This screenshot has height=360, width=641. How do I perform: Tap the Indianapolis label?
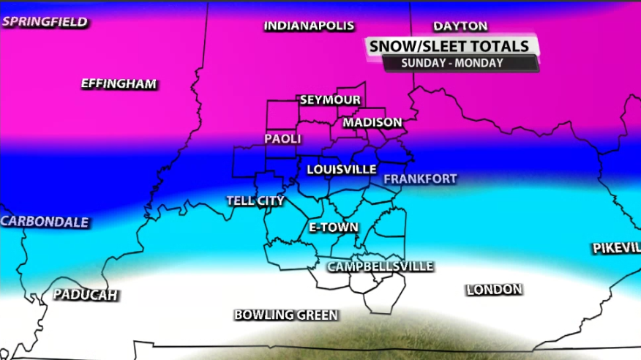coord(309,26)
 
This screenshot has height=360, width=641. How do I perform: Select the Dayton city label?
coord(460,26)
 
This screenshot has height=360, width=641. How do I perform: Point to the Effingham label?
coord(119,83)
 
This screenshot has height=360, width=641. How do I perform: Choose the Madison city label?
coord(372,122)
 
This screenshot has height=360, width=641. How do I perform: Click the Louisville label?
coord(341,169)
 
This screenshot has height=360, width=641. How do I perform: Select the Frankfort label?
coord(420,179)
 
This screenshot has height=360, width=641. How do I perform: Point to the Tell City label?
coord(255,200)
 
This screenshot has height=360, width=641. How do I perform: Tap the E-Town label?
coord(333,228)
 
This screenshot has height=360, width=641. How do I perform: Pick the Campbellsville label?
coord(380,266)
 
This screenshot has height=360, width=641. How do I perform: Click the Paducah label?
coord(86,295)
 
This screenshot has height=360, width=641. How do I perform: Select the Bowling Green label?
coord(285,315)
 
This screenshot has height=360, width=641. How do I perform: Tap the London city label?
coord(494,290)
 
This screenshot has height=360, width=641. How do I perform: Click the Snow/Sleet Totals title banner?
coord(449,46)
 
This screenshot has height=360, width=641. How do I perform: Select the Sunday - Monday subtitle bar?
coord(451,63)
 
